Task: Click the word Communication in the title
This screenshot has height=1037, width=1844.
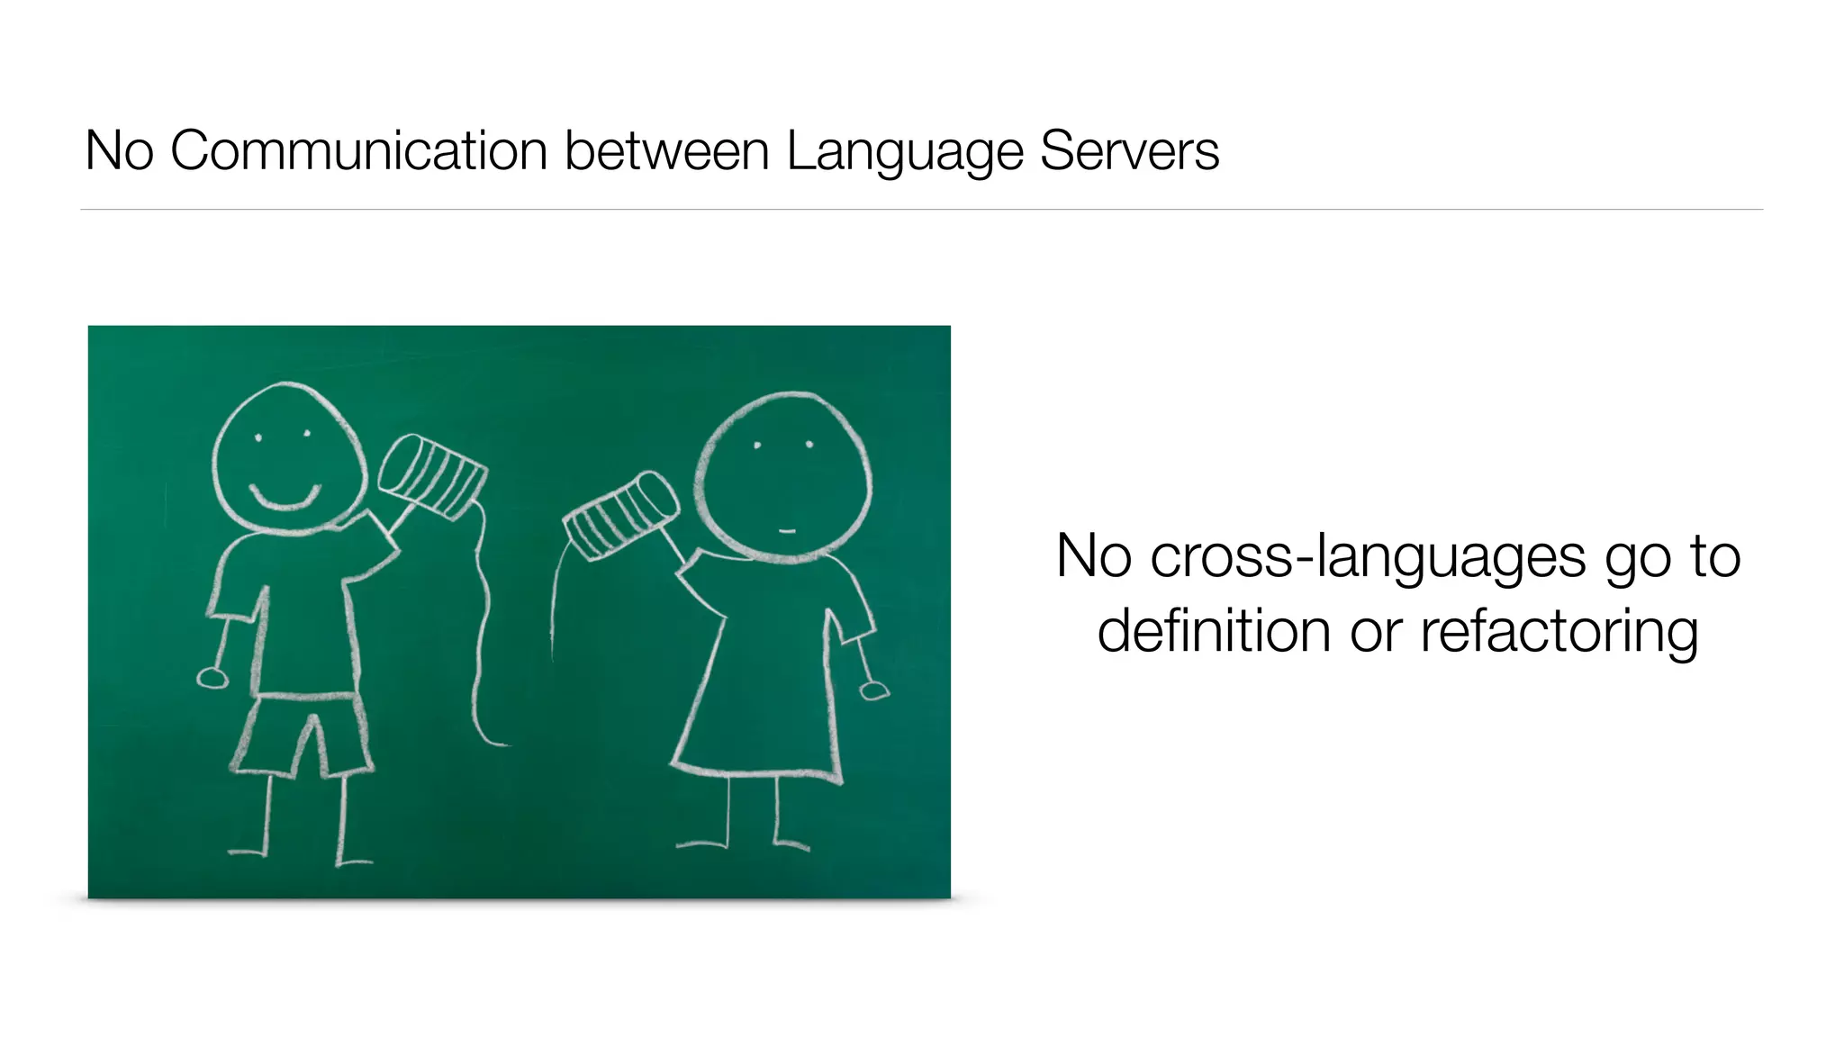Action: pyautogui.click(x=358, y=150)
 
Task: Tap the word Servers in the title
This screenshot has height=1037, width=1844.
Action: pyautogui.click(x=1129, y=150)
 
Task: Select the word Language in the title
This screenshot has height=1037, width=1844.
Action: pyautogui.click(x=904, y=152)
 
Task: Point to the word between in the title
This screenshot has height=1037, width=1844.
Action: pyautogui.click(x=666, y=150)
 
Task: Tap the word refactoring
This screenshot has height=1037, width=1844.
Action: pyautogui.click(x=1559, y=631)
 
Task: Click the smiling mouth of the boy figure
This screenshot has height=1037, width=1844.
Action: pyautogui.click(x=285, y=498)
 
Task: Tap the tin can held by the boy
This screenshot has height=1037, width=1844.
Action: pyautogui.click(x=432, y=477)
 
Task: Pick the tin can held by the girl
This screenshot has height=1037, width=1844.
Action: pyautogui.click(x=620, y=516)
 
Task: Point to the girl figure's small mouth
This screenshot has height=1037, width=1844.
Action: pyautogui.click(x=787, y=531)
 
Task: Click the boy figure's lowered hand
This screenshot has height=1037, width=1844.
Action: pyautogui.click(x=212, y=677)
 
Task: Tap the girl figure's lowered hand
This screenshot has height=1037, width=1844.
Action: pyautogui.click(x=873, y=690)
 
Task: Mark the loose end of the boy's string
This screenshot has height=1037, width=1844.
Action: pyautogui.click(x=504, y=744)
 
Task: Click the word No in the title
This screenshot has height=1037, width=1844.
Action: pyautogui.click(x=119, y=150)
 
